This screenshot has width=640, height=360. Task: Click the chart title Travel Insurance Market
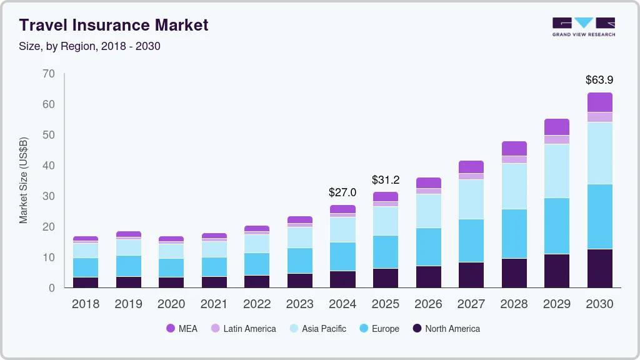point(113,25)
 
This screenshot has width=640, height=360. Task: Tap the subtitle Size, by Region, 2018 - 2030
point(89,46)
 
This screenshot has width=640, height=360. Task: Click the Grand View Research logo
point(583,26)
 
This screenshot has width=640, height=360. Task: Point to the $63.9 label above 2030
point(599,80)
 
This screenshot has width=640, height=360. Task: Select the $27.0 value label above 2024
point(342,192)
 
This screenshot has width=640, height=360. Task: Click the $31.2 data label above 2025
point(386,180)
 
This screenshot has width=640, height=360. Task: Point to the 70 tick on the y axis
point(48,74)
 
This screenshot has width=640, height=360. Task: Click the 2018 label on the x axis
point(85,304)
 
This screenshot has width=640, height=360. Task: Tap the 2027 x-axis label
point(471,304)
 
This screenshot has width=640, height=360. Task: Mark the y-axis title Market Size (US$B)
point(24,180)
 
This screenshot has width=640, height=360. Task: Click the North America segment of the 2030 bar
point(599,268)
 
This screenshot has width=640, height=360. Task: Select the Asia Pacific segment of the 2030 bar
point(599,153)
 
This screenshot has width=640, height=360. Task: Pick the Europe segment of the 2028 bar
point(514,234)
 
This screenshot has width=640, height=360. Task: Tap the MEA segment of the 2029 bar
point(557,127)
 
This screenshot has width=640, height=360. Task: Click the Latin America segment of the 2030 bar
point(599,117)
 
